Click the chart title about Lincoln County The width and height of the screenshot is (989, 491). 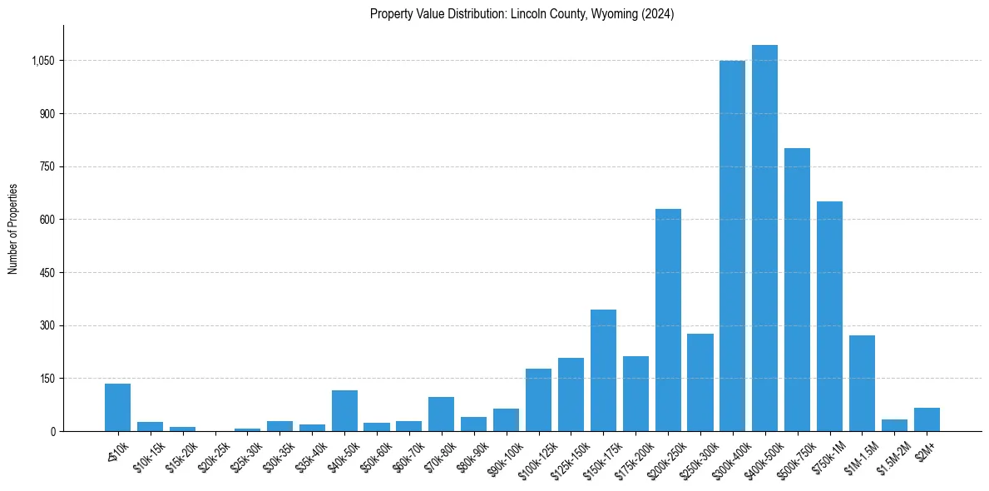coord(522,13)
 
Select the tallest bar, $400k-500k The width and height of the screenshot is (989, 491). coord(764,238)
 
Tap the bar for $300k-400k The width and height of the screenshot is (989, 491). coord(732,245)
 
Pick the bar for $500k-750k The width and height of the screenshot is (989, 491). coord(797,290)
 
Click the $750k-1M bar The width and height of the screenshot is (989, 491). coord(829,316)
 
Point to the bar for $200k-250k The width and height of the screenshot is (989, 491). coord(668,320)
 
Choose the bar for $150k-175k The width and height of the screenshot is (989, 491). coord(603,370)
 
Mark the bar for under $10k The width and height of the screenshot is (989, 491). coord(117,408)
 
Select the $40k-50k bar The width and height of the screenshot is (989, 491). coord(344,411)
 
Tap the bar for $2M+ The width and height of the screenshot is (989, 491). coord(927,419)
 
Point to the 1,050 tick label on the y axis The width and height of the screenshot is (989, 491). coord(41,61)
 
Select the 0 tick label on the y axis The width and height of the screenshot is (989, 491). coord(52,432)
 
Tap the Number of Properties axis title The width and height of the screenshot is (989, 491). coord(12,229)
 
